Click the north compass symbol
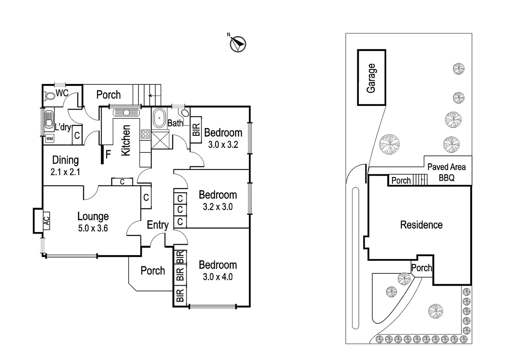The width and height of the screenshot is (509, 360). (x=238, y=44)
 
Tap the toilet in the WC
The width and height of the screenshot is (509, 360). (x=50, y=96)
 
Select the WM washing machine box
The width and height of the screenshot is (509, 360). (x=49, y=138)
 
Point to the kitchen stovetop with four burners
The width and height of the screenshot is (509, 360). (x=145, y=134)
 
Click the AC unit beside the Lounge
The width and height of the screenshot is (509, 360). (x=46, y=220)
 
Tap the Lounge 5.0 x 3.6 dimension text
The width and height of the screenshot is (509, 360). (x=93, y=229)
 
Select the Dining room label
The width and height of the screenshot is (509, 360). (x=66, y=160)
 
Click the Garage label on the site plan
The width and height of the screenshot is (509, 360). (x=371, y=78)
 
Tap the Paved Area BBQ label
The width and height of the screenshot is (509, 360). (x=446, y=172)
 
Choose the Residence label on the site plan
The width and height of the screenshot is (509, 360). (x=421, y=225)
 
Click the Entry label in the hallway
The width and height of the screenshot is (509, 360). (x=158, y=225)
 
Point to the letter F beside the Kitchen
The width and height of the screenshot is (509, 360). (x=108, y=155)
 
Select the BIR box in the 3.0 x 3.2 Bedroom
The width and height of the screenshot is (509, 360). (x=196, y=130)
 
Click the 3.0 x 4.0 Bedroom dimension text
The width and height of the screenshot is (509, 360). (x=218, y=277)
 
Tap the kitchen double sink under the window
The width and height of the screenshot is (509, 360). (x=126, y=113)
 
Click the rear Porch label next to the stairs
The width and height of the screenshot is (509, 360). (x=108, y=95)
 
